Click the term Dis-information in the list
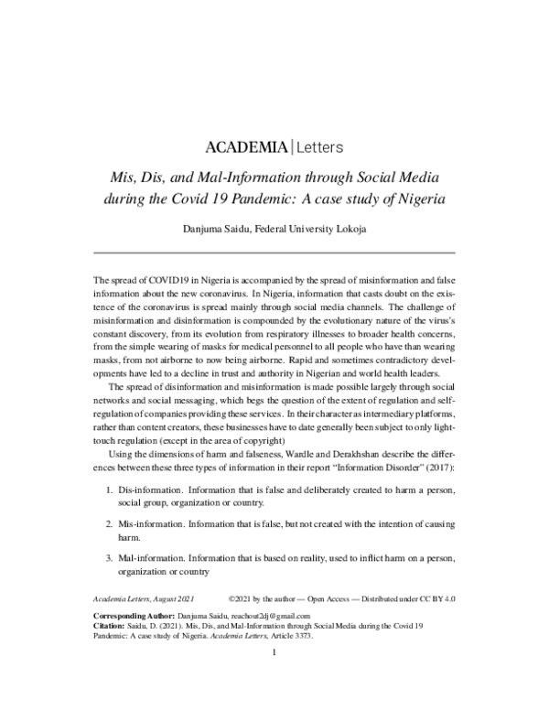[146, 492]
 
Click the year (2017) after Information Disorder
[435, 469]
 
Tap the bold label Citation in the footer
[112, 629]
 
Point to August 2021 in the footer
[177, 601]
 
